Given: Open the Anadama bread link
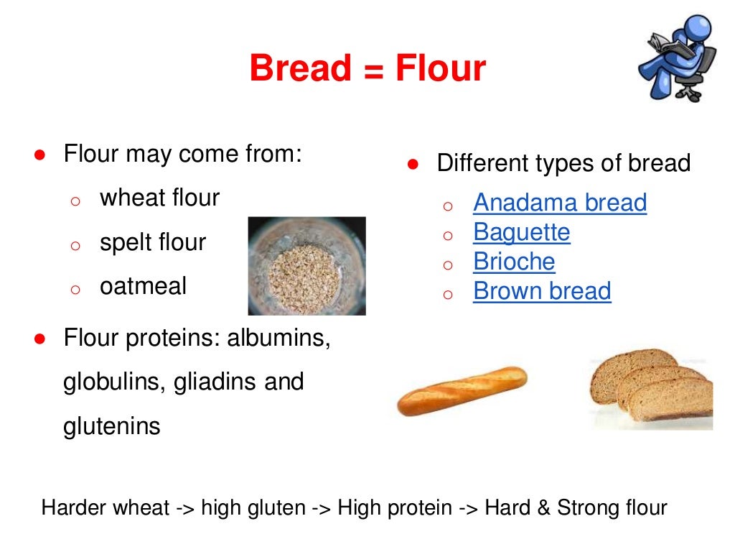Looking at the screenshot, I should tap(560, 203).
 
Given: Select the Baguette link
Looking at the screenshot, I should tap(521, 232).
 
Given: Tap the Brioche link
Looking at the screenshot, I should tap(514, 262).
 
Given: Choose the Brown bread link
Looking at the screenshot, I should tap(542, 291).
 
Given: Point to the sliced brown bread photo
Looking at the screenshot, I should tap(651, 388).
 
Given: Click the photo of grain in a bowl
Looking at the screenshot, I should tap(306, 266).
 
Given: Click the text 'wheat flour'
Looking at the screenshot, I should tap(159, 198).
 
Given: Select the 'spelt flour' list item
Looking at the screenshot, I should tap(153, 242).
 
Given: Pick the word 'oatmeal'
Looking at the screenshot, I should tap(143, 286).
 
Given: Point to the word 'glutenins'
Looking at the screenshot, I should tap(112, 426).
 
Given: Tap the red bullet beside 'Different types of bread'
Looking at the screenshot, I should tap(413, 164).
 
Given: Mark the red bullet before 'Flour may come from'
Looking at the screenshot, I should tap(41, 155).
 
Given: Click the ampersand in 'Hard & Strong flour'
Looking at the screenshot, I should tap(543, 508).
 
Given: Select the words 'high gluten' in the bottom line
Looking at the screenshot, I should tap(253, 508).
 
